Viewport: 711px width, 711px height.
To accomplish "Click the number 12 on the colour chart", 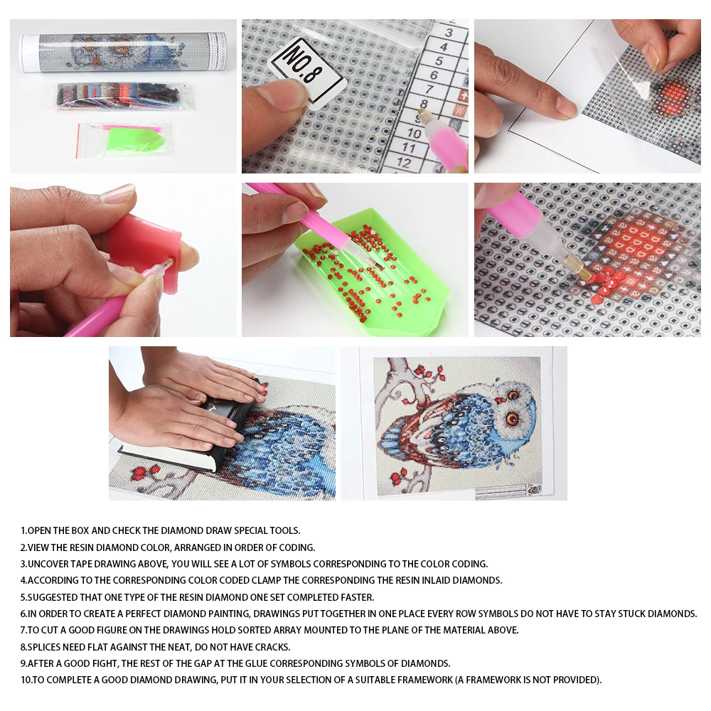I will coord(402,162).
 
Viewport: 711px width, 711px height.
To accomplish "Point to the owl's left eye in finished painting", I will coord(510,417).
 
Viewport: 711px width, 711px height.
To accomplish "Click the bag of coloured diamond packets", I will coord(122,96).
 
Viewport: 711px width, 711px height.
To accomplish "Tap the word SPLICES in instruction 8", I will coord(46,647).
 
